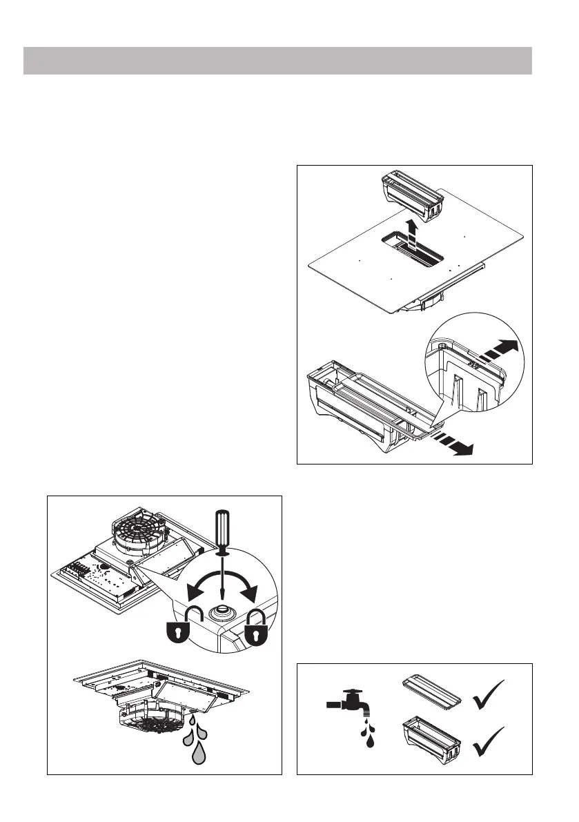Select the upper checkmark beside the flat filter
489,695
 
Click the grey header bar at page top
277,61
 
